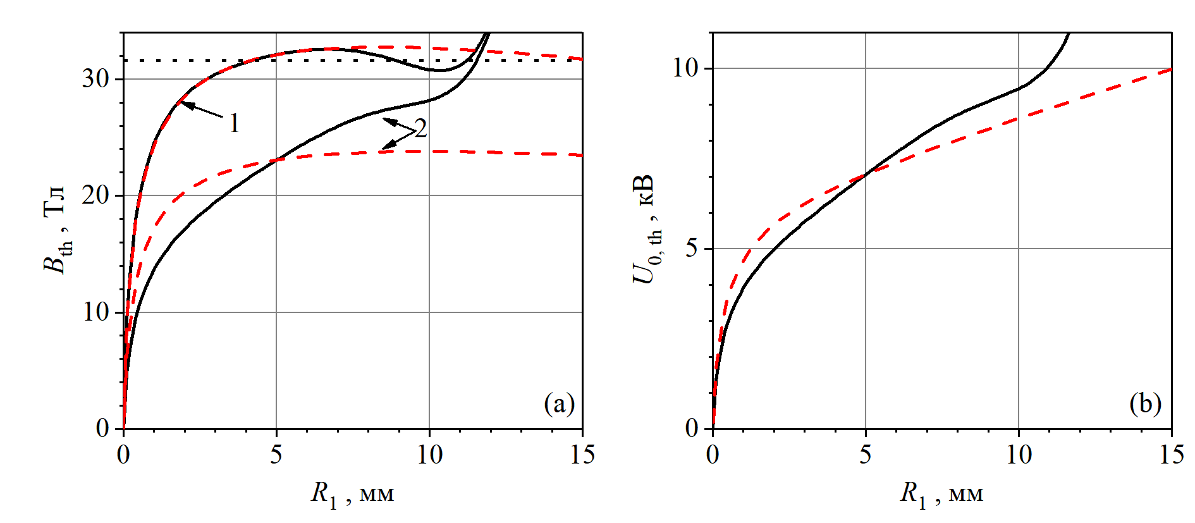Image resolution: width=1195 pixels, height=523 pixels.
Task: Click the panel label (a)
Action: click(x=560, y=403)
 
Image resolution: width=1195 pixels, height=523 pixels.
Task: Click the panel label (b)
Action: click(x=1146, y=403)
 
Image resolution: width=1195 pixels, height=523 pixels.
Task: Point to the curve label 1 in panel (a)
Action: click(x=235, y=123)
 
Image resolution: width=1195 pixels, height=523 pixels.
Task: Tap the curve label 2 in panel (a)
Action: click(x=420, y=128)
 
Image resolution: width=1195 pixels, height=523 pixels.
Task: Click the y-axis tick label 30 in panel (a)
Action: click(x=95, y=79)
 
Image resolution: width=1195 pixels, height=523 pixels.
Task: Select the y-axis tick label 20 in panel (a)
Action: click(x=95, y=195)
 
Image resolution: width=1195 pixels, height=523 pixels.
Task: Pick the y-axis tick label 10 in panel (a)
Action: click(x=95, y=312)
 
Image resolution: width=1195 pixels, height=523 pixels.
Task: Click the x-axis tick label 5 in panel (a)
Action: click(x=276, y=455)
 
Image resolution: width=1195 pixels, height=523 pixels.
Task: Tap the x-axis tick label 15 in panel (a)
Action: click(x=582, y=455)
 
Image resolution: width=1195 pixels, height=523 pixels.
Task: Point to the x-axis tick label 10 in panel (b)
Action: click(x=1019, y=455)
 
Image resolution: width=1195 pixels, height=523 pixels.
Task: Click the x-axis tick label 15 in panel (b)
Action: click(x=1171, y=455)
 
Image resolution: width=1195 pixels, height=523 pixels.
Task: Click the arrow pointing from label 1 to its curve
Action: click(x=202, y=110)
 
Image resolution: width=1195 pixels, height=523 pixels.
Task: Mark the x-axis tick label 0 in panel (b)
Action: click(x=713, y=455)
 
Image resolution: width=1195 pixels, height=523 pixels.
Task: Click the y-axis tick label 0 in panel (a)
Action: click(x=102, y=429)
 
